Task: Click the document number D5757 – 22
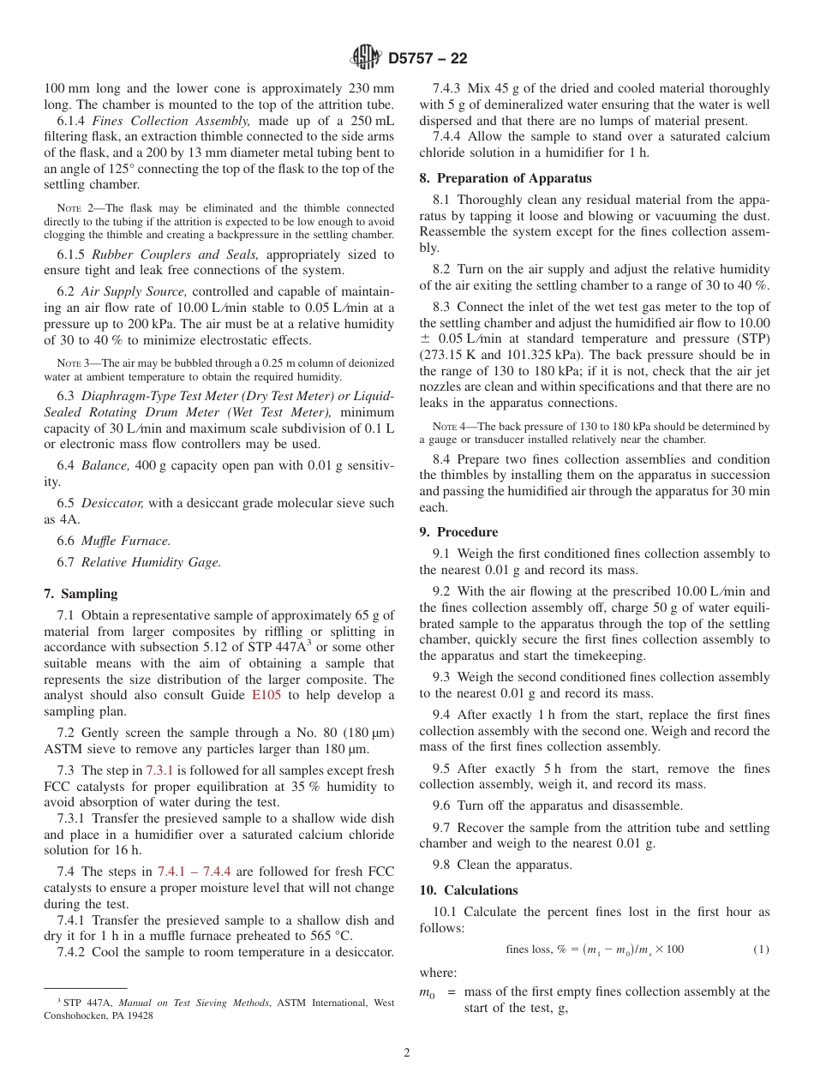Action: point(428,59)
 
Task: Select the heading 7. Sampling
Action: point(81,594)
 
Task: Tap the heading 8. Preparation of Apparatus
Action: point(506,178)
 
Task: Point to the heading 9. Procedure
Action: point(458,532)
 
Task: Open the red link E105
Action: point(266,695)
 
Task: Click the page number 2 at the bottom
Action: point(407,1053)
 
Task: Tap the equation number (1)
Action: point(761,949)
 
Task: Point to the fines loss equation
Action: point(595,949)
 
